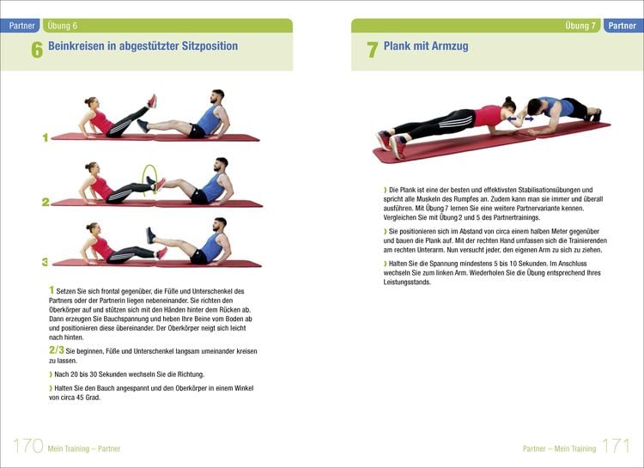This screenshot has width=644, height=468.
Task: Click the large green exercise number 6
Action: click(37, 50)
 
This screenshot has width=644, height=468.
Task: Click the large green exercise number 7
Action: click(372, 50)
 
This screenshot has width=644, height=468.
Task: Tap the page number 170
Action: click(27, 446)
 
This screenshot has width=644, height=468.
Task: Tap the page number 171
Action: click(616, 446)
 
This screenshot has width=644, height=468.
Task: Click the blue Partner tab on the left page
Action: click(20, 26)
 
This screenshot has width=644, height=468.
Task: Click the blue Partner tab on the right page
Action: click(622, 26)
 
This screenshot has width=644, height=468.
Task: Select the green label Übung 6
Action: click(62, 26)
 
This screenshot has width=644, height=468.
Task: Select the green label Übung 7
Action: click(580, 26)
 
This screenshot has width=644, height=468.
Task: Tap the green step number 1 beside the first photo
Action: click(45, 137)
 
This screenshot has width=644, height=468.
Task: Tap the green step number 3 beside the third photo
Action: click(45, 261)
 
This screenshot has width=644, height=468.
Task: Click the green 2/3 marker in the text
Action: click(56, 350)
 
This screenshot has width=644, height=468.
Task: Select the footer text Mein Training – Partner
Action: click(84, 448)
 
